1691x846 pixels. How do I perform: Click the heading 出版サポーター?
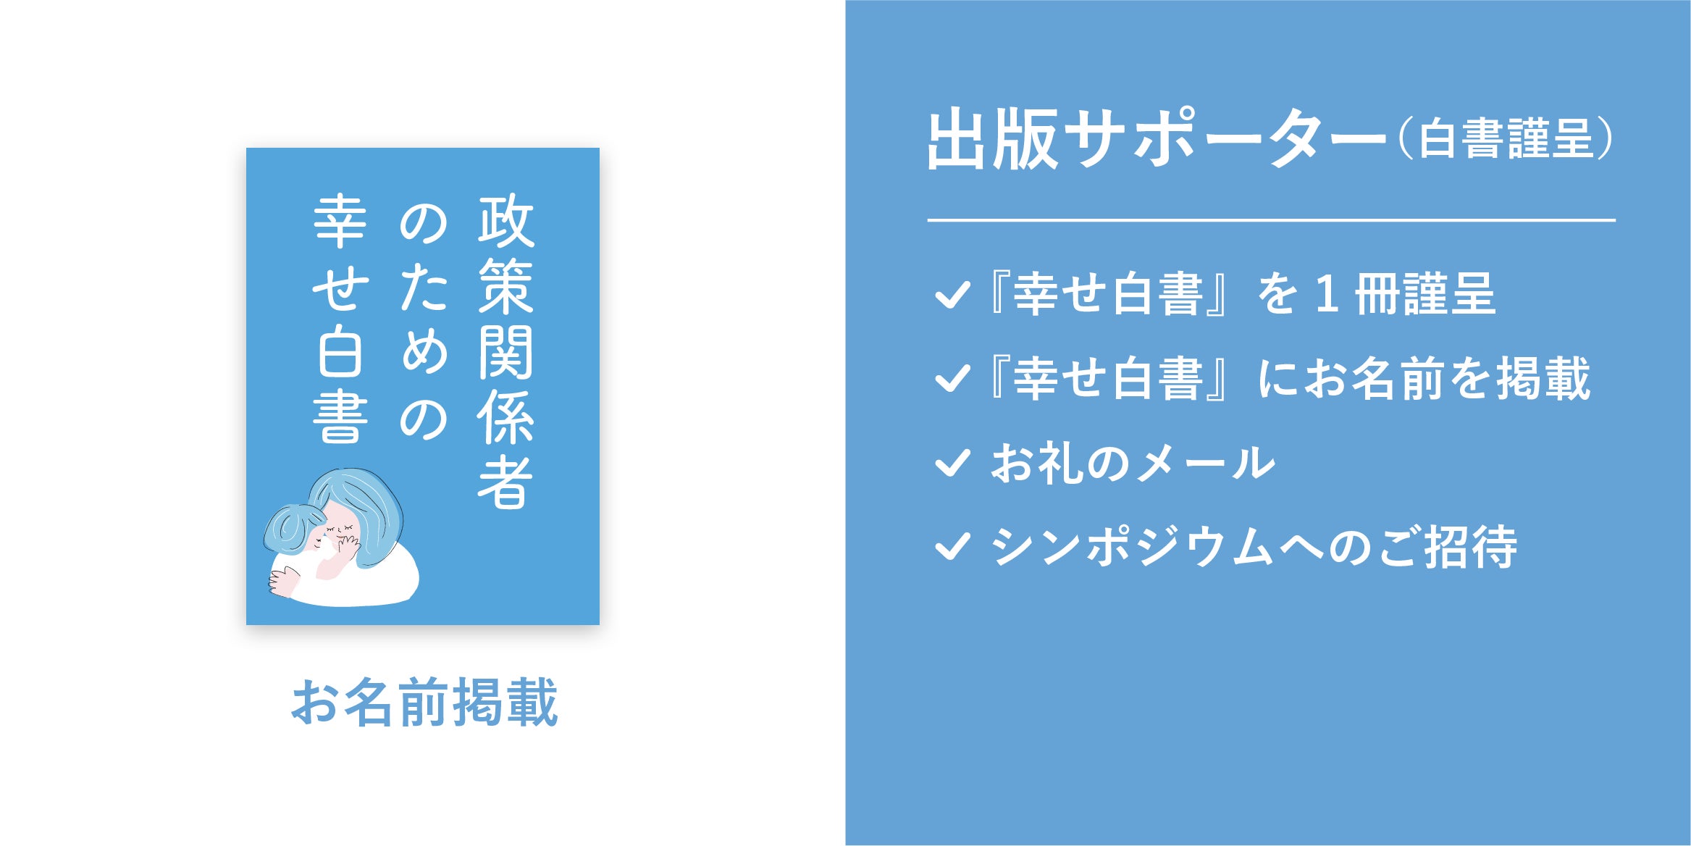[1157, 139]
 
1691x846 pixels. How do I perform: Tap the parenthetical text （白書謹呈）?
[1505, 140]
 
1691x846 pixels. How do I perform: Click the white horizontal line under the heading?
[1271, 219]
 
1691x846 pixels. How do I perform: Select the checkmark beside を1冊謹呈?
[952, 294]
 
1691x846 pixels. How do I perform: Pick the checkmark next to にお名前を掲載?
[952, 378]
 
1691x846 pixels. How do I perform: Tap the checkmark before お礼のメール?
[952, 463]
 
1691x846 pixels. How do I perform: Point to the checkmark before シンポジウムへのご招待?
[952, 547]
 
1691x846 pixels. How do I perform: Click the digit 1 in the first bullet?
[1327, 295]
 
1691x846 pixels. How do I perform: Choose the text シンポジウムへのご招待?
[1254, 547]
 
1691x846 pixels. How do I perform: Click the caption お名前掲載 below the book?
[424, 702]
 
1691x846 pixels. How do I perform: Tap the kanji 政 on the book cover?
[505, 220]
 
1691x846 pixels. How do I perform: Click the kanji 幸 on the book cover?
[340, 220]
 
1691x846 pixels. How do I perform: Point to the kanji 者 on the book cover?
[505, 482]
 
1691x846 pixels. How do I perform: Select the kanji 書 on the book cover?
[340, 418]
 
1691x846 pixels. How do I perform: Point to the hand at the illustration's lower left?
[283, 581]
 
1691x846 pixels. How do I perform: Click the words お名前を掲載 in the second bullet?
[1447, 378]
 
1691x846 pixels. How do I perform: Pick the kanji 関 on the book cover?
[505, 352]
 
